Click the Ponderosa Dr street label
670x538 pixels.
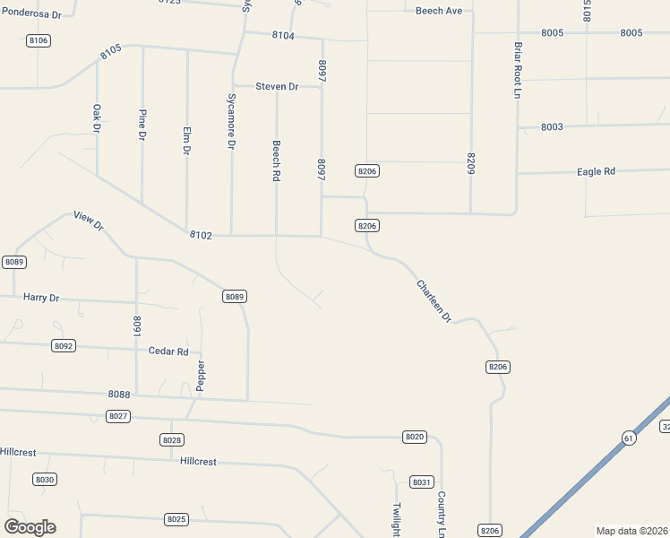coord(31,15)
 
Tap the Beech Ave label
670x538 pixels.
coord(439,11)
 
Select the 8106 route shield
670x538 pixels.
coord(38,40)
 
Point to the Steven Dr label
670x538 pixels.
coord(277,86)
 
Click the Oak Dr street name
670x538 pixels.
coord(97,118)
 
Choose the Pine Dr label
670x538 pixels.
coord(142,125)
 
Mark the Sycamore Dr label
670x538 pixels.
coord(231,120)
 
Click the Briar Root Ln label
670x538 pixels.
coord(517,70)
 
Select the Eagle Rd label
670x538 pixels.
coord(596,171)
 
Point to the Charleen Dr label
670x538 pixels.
coord(434,301)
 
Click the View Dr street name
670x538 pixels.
coord(89,221)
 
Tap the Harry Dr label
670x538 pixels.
coord(41,297)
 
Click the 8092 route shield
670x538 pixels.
coord(64,345)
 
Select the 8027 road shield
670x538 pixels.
coord(117,416)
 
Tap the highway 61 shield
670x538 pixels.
coord(629,437)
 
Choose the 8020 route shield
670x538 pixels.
coord(414,437)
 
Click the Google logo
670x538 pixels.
coord(30,527)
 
